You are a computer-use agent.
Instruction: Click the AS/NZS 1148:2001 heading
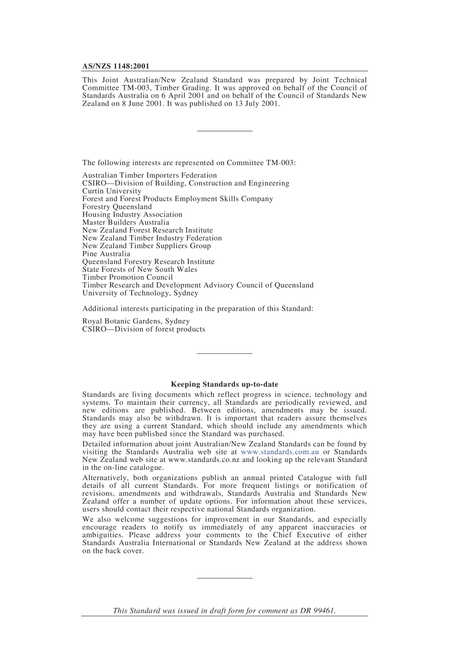coord(116,66)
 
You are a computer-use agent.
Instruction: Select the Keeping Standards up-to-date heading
coord(224,384)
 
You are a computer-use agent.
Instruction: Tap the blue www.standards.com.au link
coord(280,452)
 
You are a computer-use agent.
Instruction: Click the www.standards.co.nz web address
coord(204,460)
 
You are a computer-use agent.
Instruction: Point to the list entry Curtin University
coord(112,191)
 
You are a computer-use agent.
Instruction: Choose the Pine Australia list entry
coord(106,254)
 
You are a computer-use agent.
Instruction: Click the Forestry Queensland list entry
coord(117,207)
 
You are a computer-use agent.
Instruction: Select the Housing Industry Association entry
coord(132,215)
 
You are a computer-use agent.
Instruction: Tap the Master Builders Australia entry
coord(125,223)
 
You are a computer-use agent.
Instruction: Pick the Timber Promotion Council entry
coord(127,278)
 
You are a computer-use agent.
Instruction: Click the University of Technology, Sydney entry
coord(140,293)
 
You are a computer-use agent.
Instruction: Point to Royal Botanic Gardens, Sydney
coord(136,321)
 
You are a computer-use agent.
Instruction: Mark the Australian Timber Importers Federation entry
coord(149,175)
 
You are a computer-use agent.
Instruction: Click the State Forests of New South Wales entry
coord(140,270)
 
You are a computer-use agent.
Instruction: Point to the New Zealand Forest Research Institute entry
coord(147,230)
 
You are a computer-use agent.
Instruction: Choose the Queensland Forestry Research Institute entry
coord(148,262)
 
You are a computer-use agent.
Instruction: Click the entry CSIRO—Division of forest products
coord(144,329)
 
